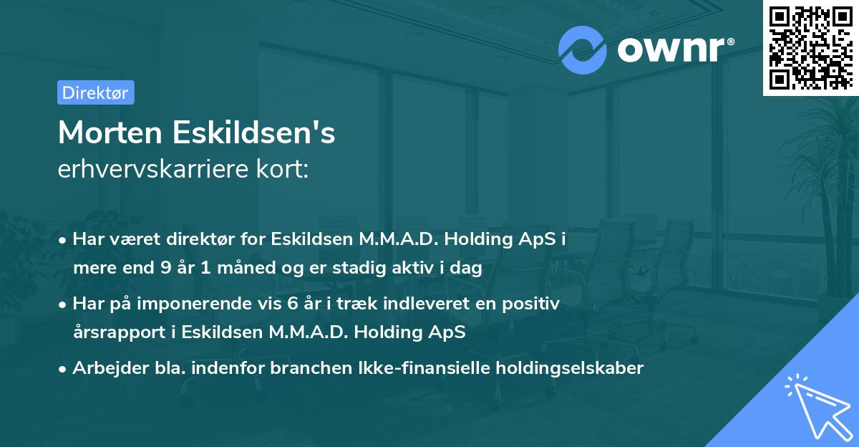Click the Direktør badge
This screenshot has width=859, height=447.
95,92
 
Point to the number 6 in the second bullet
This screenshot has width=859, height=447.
292,304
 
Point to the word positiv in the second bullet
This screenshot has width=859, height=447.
534,304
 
